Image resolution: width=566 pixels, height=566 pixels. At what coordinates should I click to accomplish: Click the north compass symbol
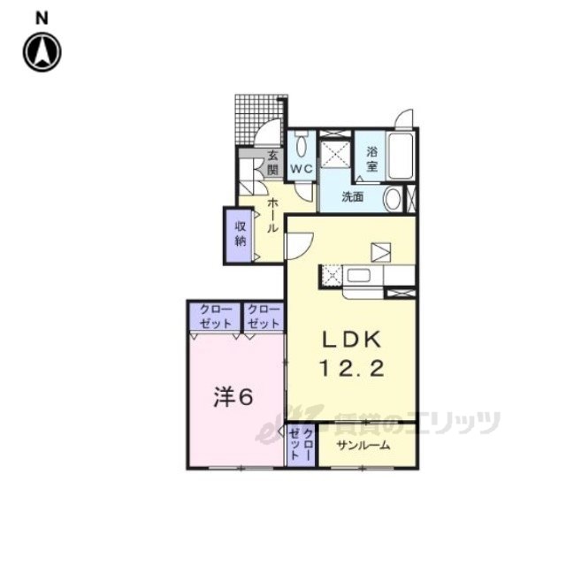(42, 52)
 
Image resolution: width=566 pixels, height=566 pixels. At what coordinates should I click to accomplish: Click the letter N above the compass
(42, 19)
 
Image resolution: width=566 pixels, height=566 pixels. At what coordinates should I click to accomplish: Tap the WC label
(302, 169)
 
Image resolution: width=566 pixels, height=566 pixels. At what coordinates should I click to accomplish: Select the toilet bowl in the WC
(301, 145)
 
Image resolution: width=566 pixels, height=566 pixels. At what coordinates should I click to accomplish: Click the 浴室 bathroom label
(371, 159)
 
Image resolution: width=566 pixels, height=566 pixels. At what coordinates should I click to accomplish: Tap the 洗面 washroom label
(353, 197)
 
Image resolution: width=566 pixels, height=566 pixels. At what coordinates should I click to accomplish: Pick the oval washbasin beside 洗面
(393, 199)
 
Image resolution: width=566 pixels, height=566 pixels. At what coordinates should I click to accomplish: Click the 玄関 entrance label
(273, 163)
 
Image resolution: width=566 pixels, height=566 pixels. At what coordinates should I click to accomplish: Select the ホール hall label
(273, 215)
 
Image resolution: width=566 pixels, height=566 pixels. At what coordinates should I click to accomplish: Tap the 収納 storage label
(241, 233)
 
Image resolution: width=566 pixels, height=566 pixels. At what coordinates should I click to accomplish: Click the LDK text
(352, 340)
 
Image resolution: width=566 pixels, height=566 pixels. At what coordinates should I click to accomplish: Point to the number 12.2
(352, 370)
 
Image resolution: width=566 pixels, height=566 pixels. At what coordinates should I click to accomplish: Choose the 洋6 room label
(233, 397)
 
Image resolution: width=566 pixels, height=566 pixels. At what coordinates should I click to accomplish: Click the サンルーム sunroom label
(363, 446)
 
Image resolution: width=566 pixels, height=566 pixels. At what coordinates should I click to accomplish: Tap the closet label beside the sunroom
(301, 445)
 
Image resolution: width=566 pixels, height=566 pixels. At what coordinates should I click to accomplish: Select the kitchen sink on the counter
(358, 276)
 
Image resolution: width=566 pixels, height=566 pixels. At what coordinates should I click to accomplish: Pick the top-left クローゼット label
(216, 317)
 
